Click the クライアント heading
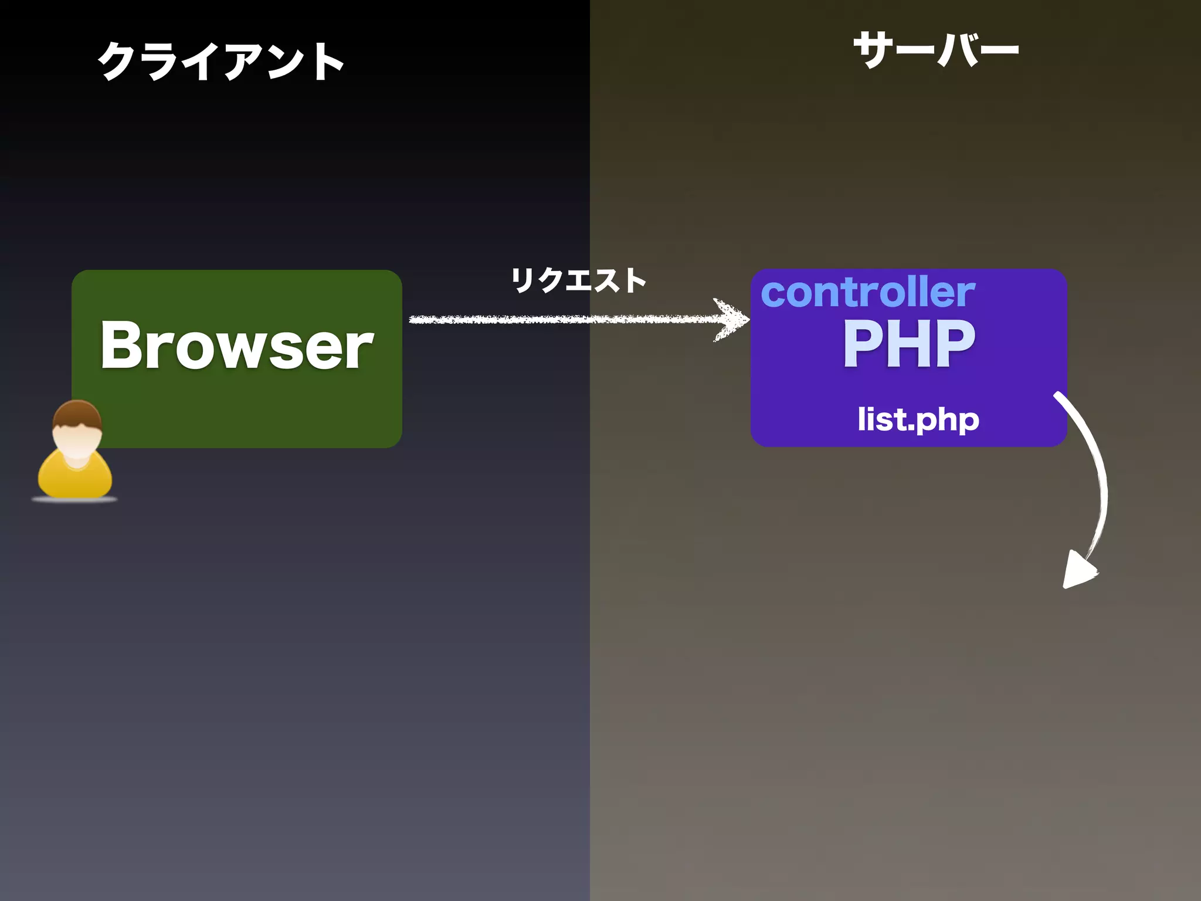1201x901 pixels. [x=220, y=61]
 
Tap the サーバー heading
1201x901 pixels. [x=936, y=50]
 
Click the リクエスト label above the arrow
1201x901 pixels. [x=578, y=280]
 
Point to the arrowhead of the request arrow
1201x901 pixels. [x=733, y=320]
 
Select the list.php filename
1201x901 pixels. [x=918, y=420]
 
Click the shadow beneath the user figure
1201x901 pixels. [x=74, y=500]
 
